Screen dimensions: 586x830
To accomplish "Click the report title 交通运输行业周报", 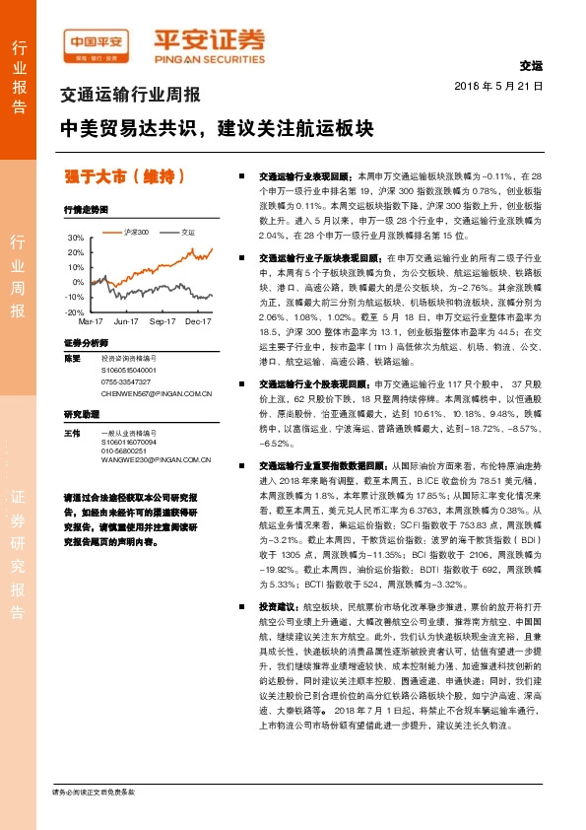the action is pos(130,97).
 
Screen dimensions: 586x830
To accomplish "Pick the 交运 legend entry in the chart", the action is pos(183,233).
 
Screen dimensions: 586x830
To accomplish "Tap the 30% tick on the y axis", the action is pos(76,239).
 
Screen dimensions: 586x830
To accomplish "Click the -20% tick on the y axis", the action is pos(75,311).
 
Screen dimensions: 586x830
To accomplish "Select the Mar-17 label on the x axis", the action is pos(91,321).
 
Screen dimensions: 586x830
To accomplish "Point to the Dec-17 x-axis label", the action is pos(199,321).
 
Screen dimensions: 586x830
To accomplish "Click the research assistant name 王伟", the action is pos(70,433).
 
